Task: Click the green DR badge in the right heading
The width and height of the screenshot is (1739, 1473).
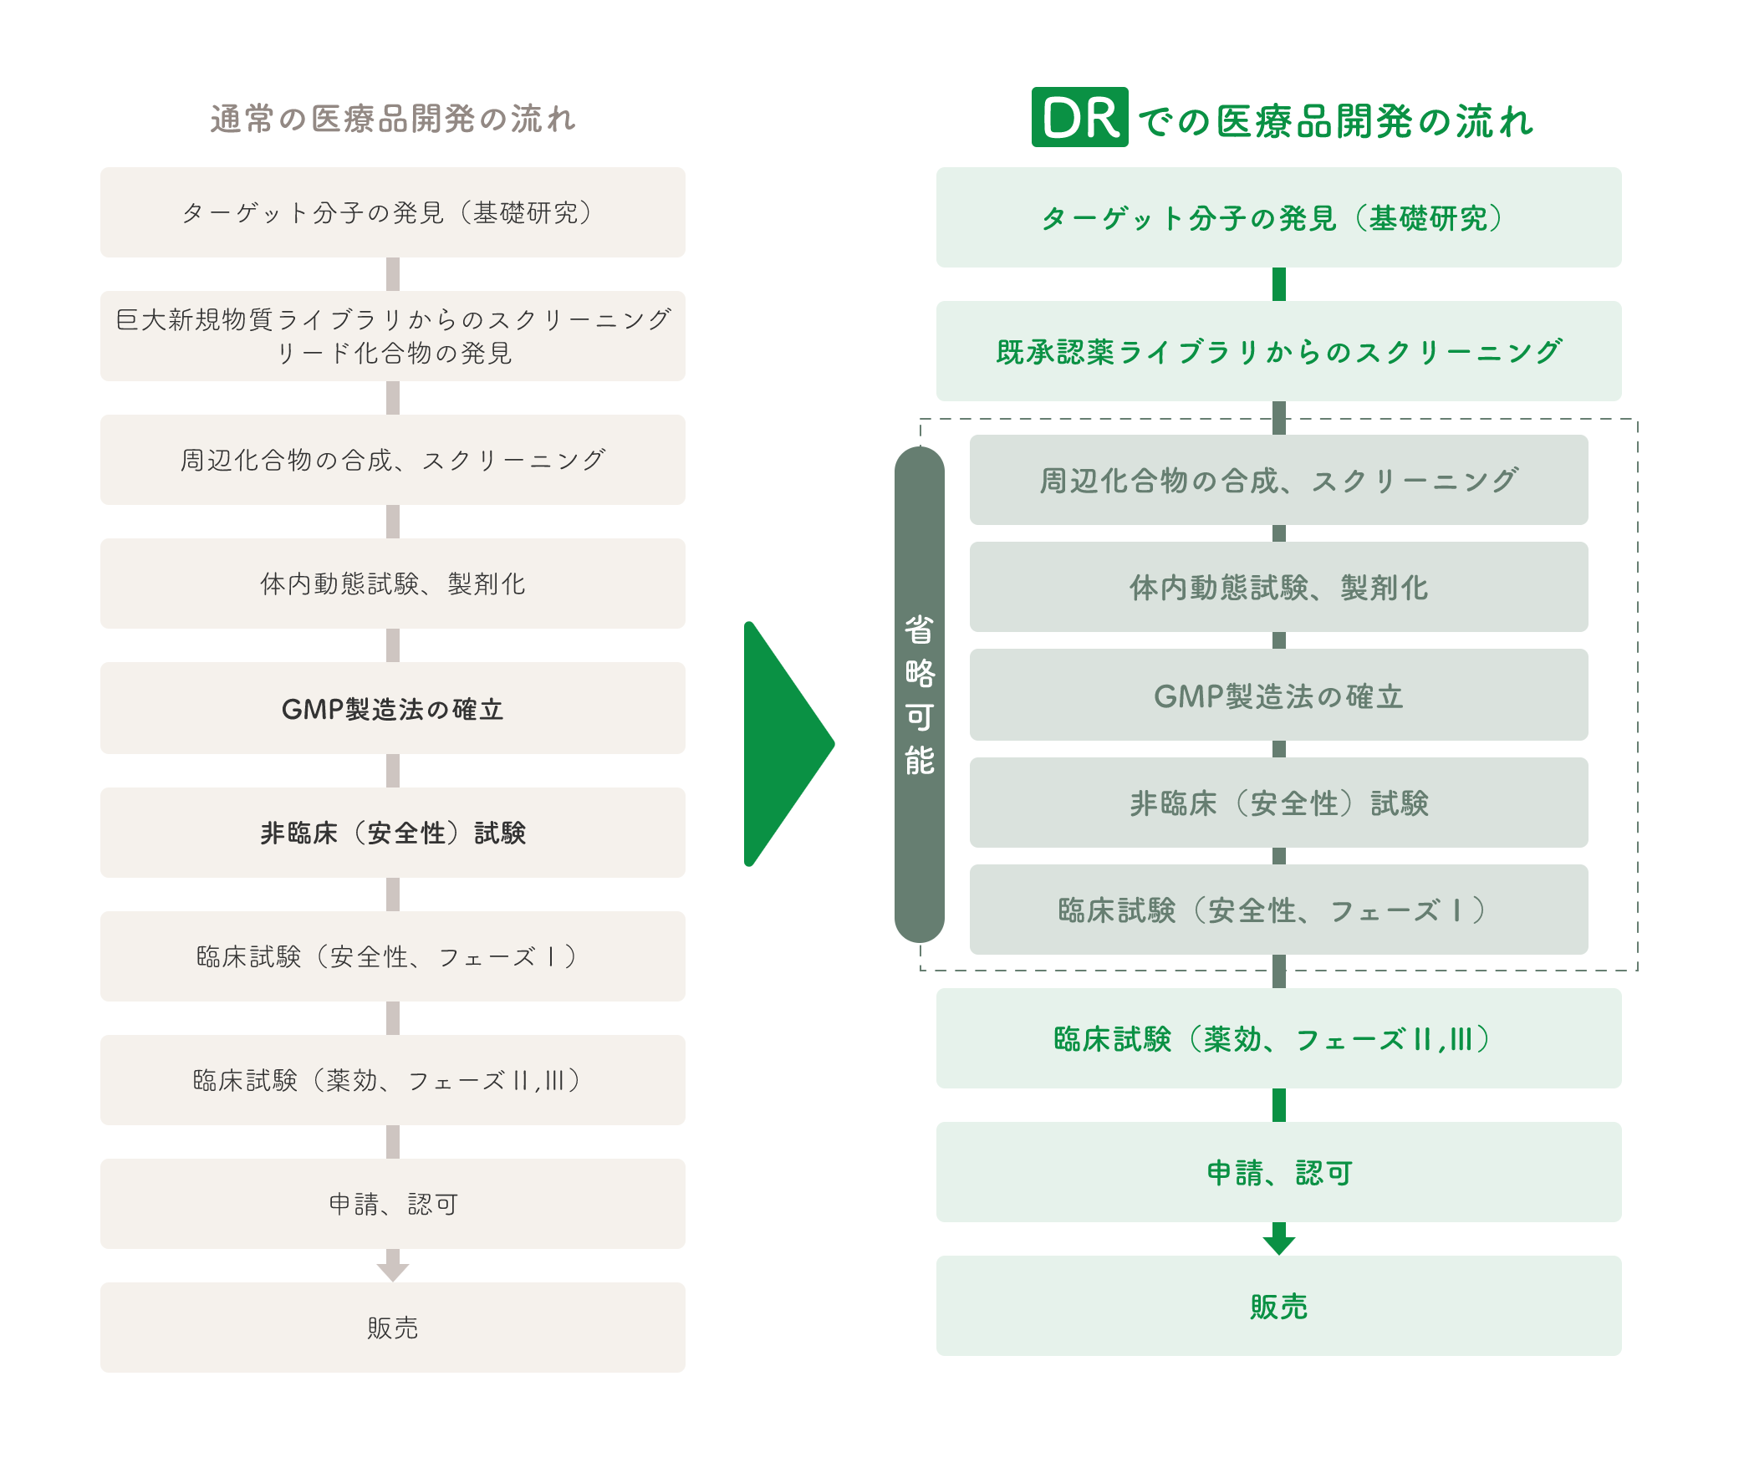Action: click(1079, 117)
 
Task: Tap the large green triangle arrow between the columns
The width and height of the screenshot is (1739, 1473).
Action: click(786, 744)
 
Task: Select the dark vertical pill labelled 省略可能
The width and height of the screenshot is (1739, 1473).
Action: click(920, 695)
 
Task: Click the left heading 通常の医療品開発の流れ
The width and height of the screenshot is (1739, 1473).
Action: click(393, 119)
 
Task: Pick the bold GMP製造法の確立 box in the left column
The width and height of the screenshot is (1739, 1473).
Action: click(393, 708)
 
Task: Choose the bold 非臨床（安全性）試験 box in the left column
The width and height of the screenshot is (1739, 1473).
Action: click(393, 833)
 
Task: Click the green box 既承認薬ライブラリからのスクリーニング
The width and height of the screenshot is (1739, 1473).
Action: click(1279, 351)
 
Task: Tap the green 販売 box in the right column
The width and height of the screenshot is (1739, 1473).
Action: click(1279, 1306)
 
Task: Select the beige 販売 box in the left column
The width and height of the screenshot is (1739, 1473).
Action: click(393, 1328)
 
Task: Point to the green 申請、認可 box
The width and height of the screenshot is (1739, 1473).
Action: click(1279, 1172)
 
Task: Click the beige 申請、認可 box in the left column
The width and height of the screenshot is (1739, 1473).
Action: click(393, 1204)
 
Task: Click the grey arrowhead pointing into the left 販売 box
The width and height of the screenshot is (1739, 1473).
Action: click(393, 1267)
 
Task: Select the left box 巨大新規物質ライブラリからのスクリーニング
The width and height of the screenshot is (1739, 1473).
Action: click(393, 336)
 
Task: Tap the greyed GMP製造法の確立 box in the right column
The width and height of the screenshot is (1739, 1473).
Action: click(1279, 695)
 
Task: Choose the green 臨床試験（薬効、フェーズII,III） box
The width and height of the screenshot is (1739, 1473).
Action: click(1279, 1038)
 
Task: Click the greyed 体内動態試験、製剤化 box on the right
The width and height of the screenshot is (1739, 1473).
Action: click(1279, 587)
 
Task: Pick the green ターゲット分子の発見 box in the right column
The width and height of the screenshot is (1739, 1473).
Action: click(1279, 217)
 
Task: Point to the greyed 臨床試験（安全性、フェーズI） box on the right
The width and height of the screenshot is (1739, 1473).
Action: click(1279, 910)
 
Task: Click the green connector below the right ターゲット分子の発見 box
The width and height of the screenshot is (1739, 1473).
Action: click(1279, 284)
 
